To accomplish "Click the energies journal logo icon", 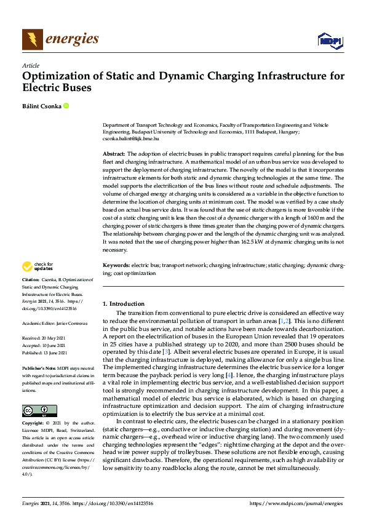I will click(x=32, y=39).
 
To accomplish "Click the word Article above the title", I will click(x=30, y=65).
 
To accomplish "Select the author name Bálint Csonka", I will click(x=41, y=106).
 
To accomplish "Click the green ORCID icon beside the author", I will click(x=66, y=106).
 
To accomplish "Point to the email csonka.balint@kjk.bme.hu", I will click(x=131, y=139).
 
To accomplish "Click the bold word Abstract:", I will click(x=113, y=153).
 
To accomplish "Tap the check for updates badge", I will click(x=39, y=266).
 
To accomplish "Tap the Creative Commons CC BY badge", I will click(x=39, y=393).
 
